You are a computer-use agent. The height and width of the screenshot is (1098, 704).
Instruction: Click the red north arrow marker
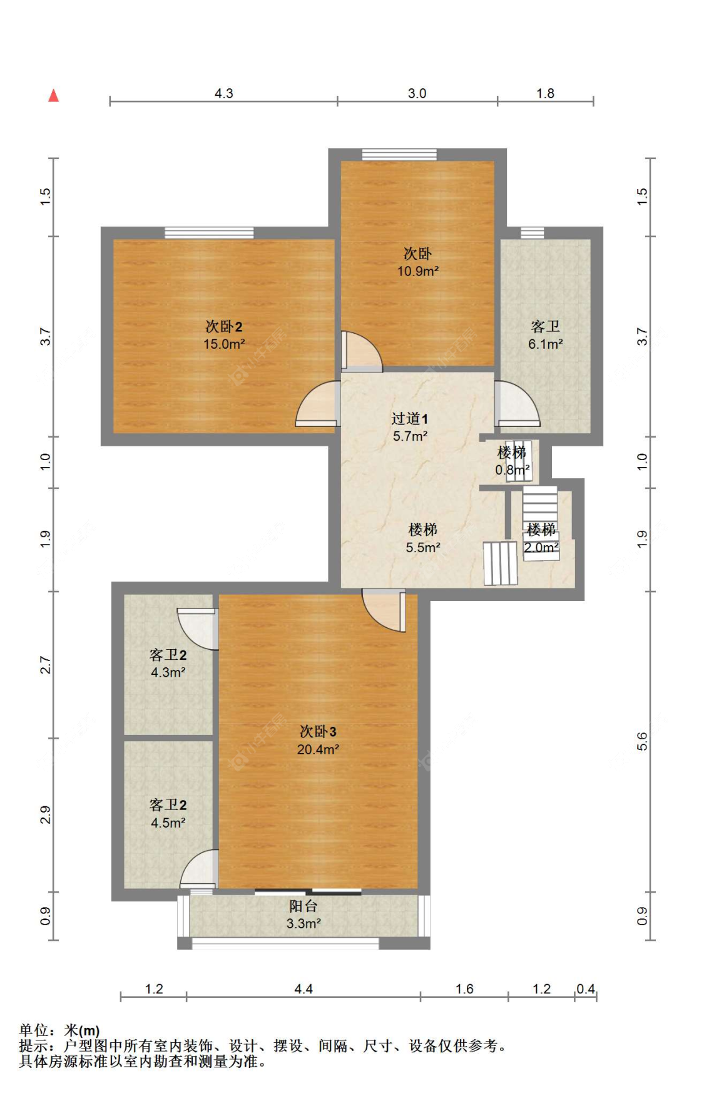click(54, 95)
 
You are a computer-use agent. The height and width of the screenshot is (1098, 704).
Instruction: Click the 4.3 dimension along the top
click(223, 93)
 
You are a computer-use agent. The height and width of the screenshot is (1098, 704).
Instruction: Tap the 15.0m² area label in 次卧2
click(223, 344)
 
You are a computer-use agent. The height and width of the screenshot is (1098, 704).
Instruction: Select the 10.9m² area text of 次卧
click(417, 271)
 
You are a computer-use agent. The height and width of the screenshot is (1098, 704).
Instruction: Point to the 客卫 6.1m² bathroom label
click(545, 335)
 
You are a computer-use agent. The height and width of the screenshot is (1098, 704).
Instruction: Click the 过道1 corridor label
click(409, 419)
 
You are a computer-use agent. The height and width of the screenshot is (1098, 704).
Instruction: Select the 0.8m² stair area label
click(513, 469)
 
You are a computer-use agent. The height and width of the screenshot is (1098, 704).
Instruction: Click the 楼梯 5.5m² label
click(422, 538)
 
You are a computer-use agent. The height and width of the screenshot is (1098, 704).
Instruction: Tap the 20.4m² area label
click(318, 749)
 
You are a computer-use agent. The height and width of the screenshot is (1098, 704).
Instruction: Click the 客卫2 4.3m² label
click(168, 664)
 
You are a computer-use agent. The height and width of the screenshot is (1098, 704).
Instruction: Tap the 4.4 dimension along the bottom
click(304, 989)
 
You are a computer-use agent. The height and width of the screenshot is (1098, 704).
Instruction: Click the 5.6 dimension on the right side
click(642, 741)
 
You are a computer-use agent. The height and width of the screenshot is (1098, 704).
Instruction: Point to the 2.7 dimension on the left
click(45, 665)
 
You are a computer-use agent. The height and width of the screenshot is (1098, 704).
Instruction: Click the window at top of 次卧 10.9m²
click(399, 155)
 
